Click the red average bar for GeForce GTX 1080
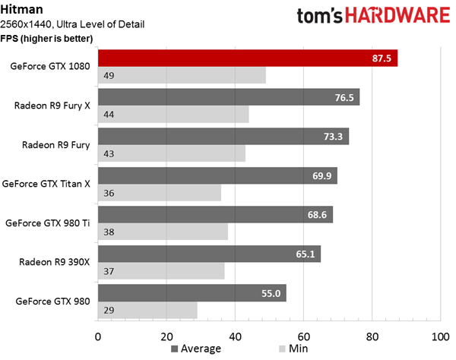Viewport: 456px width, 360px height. click(x=248, y=58)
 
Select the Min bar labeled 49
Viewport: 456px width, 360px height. click(x=182, y=75)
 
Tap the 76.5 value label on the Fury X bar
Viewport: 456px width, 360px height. click(x=344, y=98)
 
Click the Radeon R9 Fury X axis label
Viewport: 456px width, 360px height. click(x=52, y=106)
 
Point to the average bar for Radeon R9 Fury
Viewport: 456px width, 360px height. click(x=223, y=136)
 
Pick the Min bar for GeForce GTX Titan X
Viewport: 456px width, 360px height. click(x=160, y=193)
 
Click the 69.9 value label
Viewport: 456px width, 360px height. click(x=321, y=175)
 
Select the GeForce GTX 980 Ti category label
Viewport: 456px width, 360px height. click(x=48, y=223)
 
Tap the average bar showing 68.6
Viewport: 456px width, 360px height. click(x=216, y=215)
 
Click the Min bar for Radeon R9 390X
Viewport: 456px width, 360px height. click(x=161, y=271)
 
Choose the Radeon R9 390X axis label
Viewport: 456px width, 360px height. click(x=55, y=262)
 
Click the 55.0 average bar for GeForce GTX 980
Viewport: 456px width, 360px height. click(x=192, y=293)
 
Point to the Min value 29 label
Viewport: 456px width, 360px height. click(x=109, y=311)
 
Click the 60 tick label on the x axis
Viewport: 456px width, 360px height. click(x=303, y=336)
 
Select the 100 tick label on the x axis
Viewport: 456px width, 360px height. click(x=441, y=336)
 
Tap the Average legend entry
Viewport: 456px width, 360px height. click(x=196, y=349)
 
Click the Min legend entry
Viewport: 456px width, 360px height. click(x=293, y=349)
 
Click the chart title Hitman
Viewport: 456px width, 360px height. click(x=22, y=9)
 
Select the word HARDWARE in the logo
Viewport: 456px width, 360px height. click(x=397, y=15)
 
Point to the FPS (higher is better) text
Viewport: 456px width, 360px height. click(x=46, y=38)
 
